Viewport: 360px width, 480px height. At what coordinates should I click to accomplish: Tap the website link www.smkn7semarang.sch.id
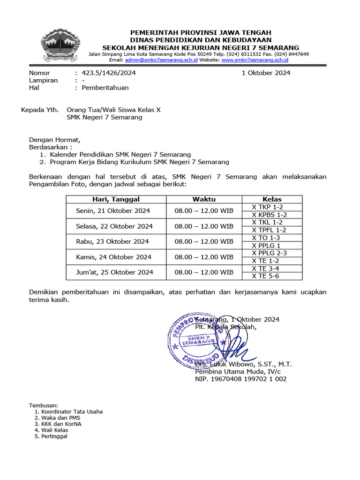255,60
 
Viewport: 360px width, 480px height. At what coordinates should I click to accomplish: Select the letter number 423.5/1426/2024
109,73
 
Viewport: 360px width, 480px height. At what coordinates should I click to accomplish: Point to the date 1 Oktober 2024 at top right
266,73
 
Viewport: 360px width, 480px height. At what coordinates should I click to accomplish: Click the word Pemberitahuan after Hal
105,88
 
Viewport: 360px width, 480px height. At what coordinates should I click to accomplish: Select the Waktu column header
204,199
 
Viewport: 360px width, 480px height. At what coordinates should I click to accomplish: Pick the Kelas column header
273,199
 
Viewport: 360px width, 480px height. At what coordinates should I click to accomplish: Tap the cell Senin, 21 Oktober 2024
113,211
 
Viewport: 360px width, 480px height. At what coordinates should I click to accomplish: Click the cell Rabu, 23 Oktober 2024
112,241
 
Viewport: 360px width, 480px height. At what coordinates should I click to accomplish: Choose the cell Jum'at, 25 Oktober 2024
115,272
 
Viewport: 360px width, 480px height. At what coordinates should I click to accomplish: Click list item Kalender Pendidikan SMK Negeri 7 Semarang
120,154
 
